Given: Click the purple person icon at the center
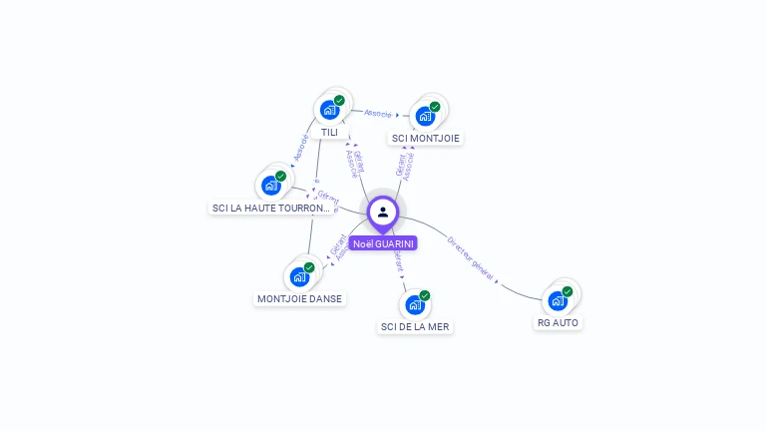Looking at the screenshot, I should [x=383, y=212].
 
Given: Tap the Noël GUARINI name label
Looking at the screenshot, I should [x=383, y=243].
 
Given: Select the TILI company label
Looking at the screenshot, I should [x=329, y=132].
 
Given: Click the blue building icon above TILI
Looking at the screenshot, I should [x=328, y=111].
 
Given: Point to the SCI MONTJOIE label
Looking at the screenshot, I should [x=426, y=138].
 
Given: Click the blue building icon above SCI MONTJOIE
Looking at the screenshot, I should [x=425, y=116].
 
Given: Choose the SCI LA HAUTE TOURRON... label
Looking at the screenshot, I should [x=271, y=208].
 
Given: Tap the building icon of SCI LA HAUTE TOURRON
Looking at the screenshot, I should [x=270, y=185].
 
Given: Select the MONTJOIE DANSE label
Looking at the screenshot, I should [x=299, y=298].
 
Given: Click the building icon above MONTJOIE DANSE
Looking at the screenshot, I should [x=298, y=276].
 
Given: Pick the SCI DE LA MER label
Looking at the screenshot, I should [x=415, y=326].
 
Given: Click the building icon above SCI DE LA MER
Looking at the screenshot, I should [x=414, y=304].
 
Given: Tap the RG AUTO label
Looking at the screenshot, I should [x=558, y=322].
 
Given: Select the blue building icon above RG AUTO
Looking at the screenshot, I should [x=557, y=300].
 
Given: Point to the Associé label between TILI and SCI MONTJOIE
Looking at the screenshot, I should [x=378, y=113].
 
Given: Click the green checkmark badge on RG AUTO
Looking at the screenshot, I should [x=568, y=291].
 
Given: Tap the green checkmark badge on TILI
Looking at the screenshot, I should [x=339, y=101].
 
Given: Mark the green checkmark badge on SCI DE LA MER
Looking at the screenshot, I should [x=425, y=295].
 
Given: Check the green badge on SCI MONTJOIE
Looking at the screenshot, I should [x=435, y=107].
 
